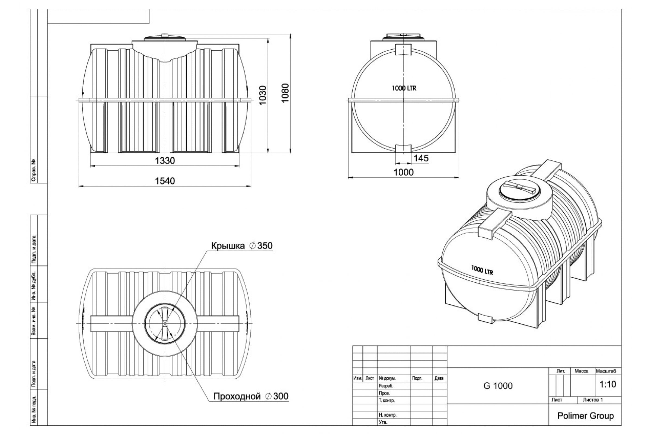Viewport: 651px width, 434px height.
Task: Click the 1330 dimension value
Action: click(165, 161)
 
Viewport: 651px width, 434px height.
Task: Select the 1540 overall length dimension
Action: click(165, 181)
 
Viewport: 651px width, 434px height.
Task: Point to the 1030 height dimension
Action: click(263, 95)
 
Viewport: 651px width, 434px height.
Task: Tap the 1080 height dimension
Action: click(285, 93)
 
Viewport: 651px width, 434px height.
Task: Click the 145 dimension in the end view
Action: click(421, 158)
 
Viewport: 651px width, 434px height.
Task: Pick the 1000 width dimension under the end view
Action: click(404, 173)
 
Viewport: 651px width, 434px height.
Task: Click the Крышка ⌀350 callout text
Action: click(242, 245)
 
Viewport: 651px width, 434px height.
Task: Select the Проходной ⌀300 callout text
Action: click(251, 396)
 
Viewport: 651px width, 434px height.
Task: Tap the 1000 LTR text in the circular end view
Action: click(404, 88)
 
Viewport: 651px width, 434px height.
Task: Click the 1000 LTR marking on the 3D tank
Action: click(482, 270)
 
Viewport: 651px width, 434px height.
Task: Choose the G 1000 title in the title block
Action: click(498, 386)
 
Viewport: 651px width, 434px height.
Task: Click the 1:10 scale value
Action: click(608, 384)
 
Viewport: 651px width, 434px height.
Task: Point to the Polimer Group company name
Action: click(586, 416)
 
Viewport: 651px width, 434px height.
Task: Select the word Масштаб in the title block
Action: click(606, 371)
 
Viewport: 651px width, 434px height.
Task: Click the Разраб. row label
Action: click(386, 385)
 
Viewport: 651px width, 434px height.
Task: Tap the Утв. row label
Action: click(383, 422)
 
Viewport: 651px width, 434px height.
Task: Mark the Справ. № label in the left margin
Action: click(34, 170)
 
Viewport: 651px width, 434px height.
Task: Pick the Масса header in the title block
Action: click(582, 371)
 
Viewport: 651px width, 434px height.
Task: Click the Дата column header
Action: click(439, 378)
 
